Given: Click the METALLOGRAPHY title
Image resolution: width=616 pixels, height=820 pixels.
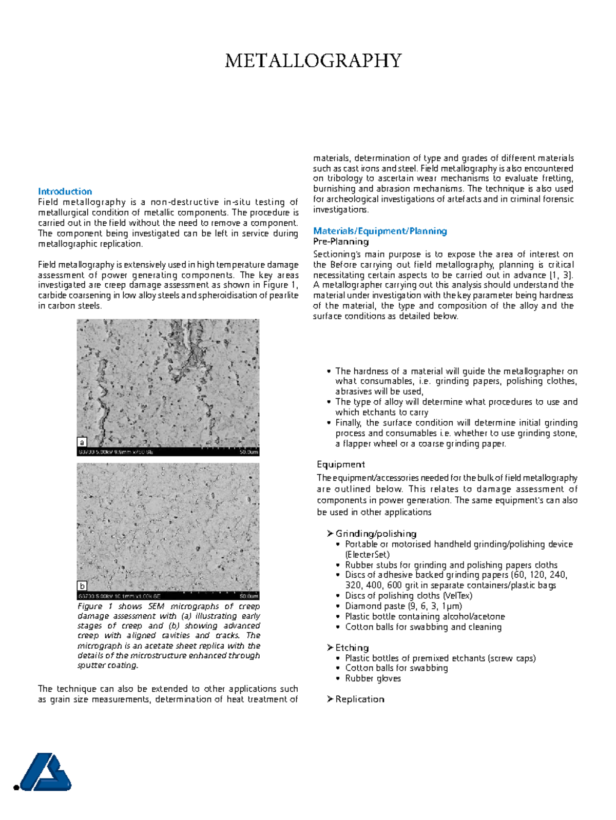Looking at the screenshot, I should [x=313, y=61].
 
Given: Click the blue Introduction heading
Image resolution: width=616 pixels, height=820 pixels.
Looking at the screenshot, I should [x=65, y=191].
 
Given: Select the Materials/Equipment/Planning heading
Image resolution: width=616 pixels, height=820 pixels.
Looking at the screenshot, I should [x=380, y=231].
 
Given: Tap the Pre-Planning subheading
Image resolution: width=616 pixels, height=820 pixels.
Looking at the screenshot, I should [x=341, y=242].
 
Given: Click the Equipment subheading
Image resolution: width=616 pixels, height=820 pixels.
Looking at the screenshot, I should [x=340, y=464].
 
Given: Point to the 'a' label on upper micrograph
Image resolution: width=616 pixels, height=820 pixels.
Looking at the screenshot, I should [x=82, y=442].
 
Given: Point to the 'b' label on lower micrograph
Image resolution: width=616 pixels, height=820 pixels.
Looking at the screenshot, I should [x=82, y=585].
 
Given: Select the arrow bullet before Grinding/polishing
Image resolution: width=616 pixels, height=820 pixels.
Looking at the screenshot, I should [x=330, y=534].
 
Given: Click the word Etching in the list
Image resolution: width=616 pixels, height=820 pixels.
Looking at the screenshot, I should [x=352, y=648].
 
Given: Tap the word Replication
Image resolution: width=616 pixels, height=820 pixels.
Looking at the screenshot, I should [x=359, y=699].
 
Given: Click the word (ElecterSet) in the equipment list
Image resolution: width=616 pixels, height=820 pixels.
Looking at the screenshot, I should [x=367, y=555].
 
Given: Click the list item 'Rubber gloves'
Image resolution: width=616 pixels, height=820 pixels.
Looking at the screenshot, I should [x=373, y=678].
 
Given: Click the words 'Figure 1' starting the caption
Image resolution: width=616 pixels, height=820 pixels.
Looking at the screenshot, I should [x=94, y=607].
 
